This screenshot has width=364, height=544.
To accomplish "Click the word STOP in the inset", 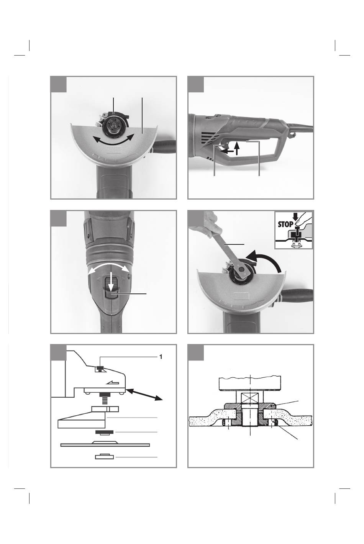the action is click(x=285, y=224).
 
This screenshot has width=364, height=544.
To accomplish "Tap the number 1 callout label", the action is click(x=161, y=357).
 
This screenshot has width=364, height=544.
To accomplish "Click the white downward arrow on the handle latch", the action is click(x=111, y=281).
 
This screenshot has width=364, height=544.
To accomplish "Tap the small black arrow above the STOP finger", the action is click(x=295, y=217).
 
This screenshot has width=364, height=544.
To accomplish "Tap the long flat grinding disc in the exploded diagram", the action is click(x=105, y=444).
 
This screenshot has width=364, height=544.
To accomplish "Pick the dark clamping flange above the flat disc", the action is click(x=105, y=433).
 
